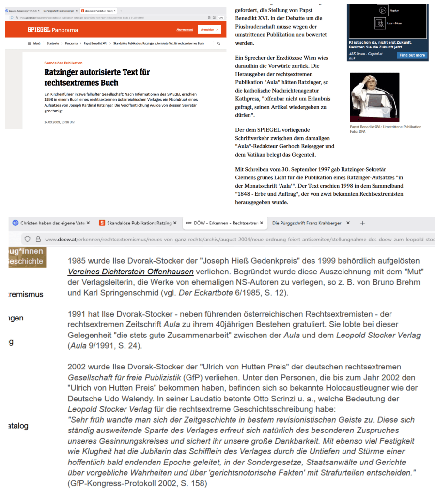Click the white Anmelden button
click(209, 30)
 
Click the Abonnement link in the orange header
click(185, 30)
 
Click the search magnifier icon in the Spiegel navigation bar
click(218, 43)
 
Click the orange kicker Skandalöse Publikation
click(63, 63)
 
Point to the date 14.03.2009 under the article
click(54, 122)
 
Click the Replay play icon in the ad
click(382, 10)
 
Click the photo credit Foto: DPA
click(358, 131)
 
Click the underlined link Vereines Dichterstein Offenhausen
click(131, 272)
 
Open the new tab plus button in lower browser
click(362, 223)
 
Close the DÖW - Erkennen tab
click(262, 223)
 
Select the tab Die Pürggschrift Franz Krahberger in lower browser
click(306, 223)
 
